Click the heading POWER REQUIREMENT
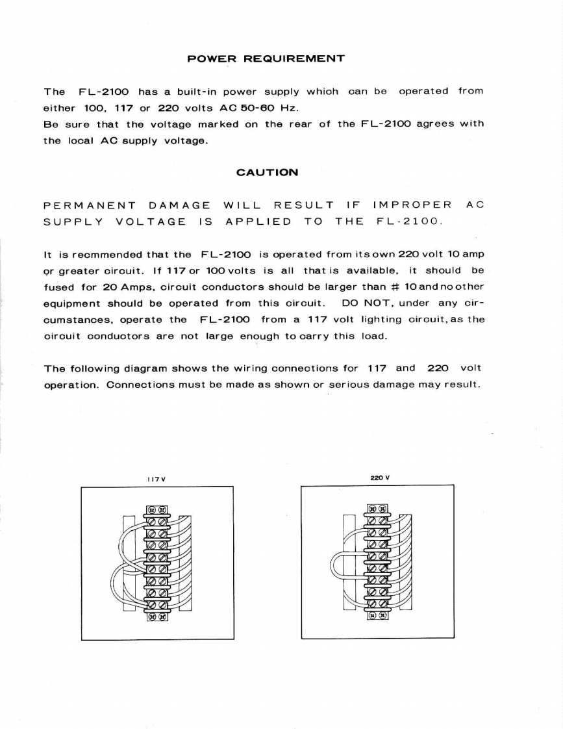pyautogui.click(x=266, y=59)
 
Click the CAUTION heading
pyautogui.click(x=267, y=173)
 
